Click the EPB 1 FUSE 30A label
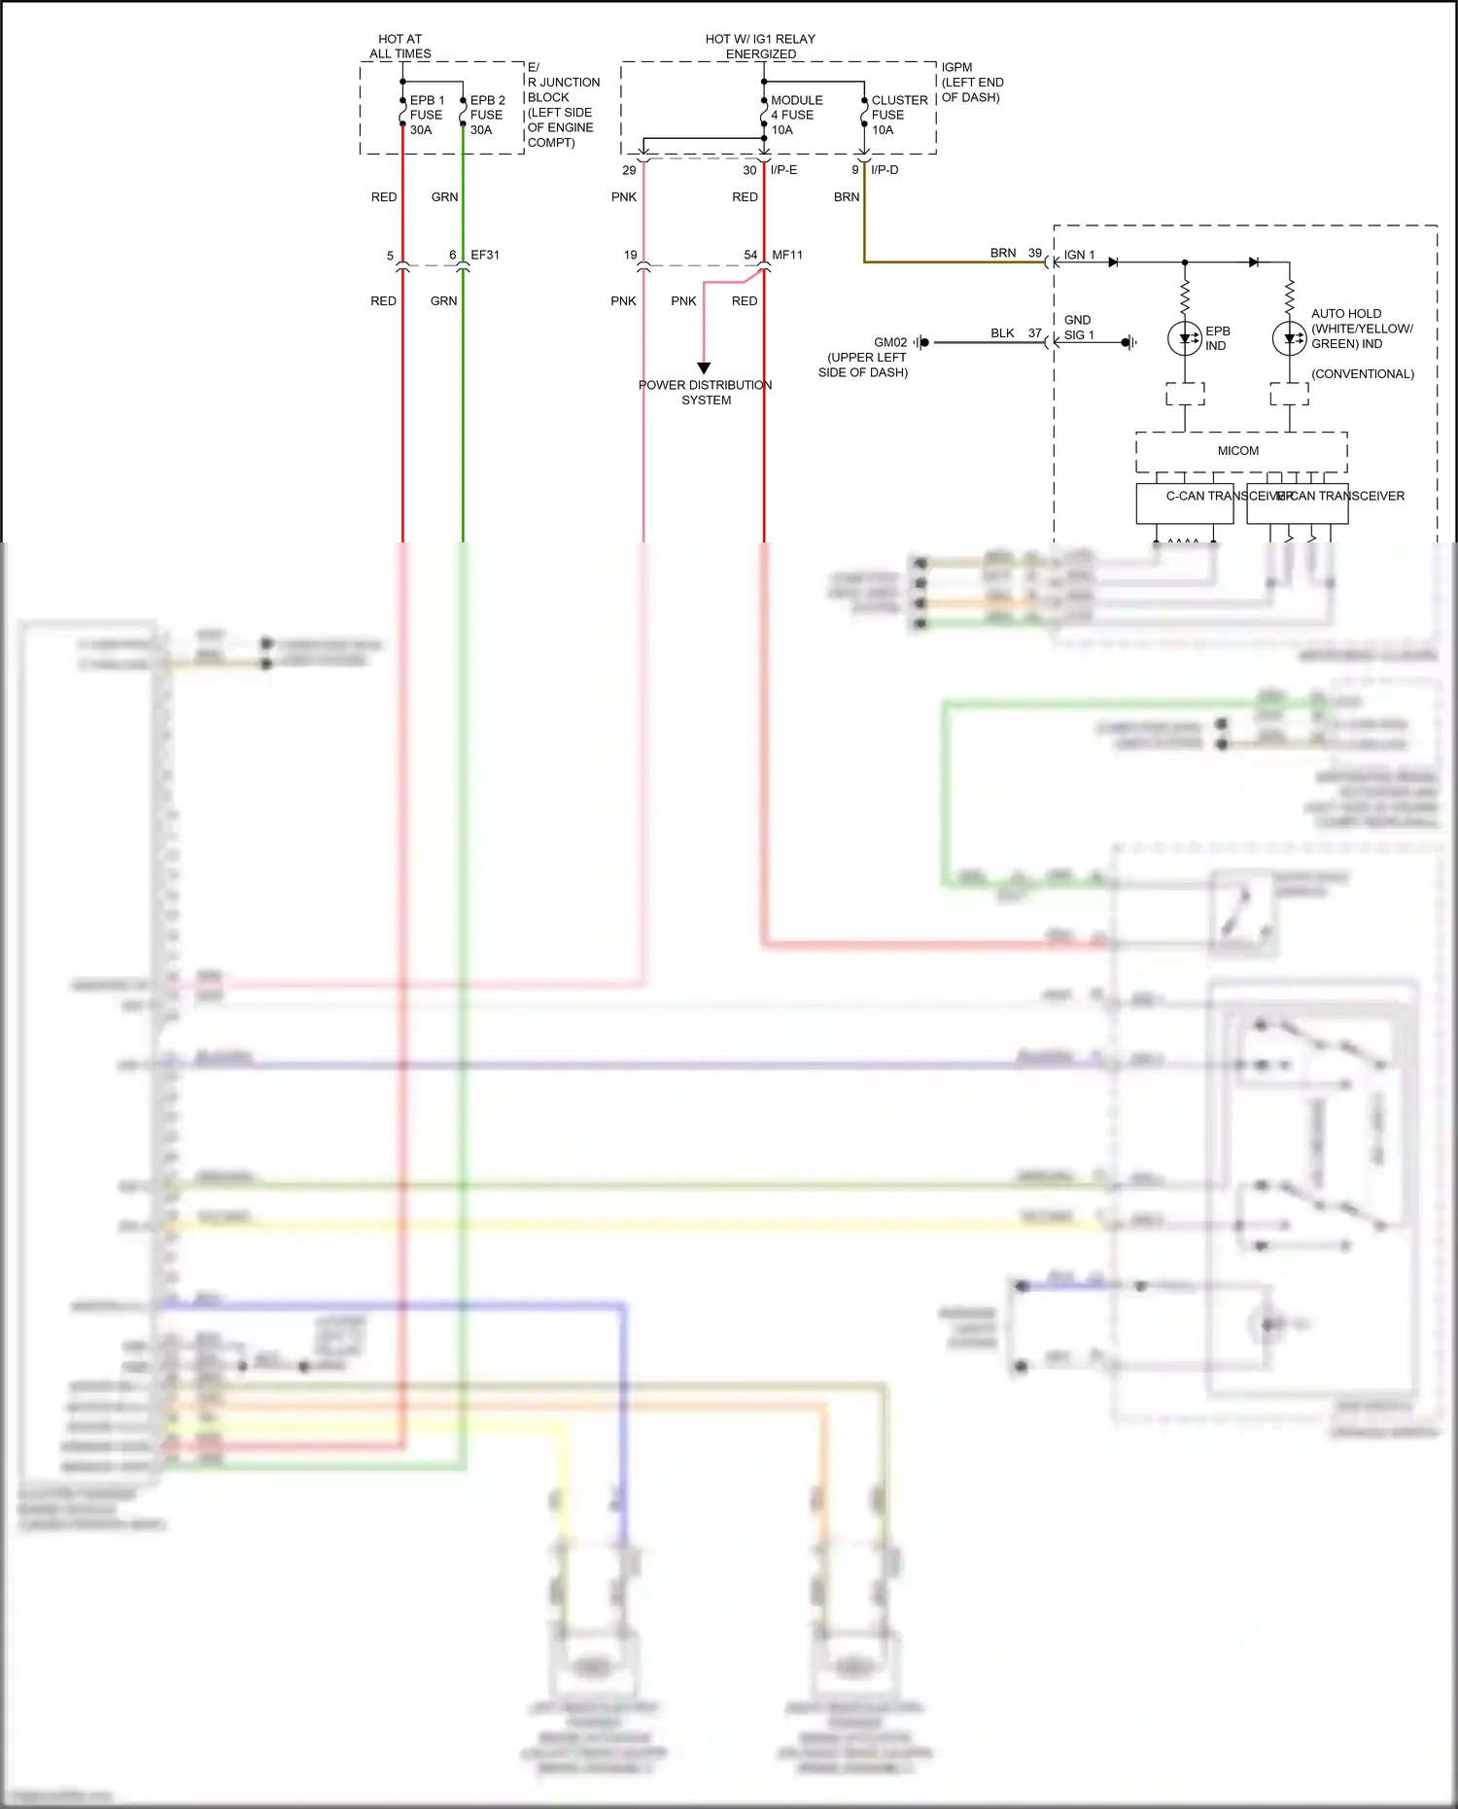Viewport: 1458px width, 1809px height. pos(426,115)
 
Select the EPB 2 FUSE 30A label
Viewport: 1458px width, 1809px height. pos(487,115)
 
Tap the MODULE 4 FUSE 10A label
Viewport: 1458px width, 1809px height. pos(795,115)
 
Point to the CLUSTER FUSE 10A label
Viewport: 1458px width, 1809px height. pos(898,115)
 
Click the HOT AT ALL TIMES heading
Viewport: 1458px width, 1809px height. pos(399,47)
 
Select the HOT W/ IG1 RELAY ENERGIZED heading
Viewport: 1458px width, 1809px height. pos(760,47)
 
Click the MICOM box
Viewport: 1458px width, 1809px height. pos(1240,451)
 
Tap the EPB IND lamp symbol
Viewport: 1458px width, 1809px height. pos(1185,338)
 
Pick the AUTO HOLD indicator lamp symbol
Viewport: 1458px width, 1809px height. pos(1289,338)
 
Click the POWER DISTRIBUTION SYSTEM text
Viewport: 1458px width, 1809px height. pos(706,393)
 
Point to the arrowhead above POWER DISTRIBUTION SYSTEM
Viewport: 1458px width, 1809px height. pos(704,368)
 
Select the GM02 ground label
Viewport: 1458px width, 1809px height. pos(890,342)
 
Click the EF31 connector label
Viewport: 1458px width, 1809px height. pos(485,255)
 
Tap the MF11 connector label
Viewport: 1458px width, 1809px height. pos(787,255)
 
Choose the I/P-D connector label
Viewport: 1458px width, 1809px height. pos(885,170)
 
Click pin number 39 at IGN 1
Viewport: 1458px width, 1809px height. pos(1035,253)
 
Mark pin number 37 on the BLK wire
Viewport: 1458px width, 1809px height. pos(1035,333)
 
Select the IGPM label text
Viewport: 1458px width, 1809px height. pos(956,67)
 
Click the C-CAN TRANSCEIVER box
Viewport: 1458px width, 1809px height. pos(1185,503)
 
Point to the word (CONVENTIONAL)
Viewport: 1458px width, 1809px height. pos(1363,374)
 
